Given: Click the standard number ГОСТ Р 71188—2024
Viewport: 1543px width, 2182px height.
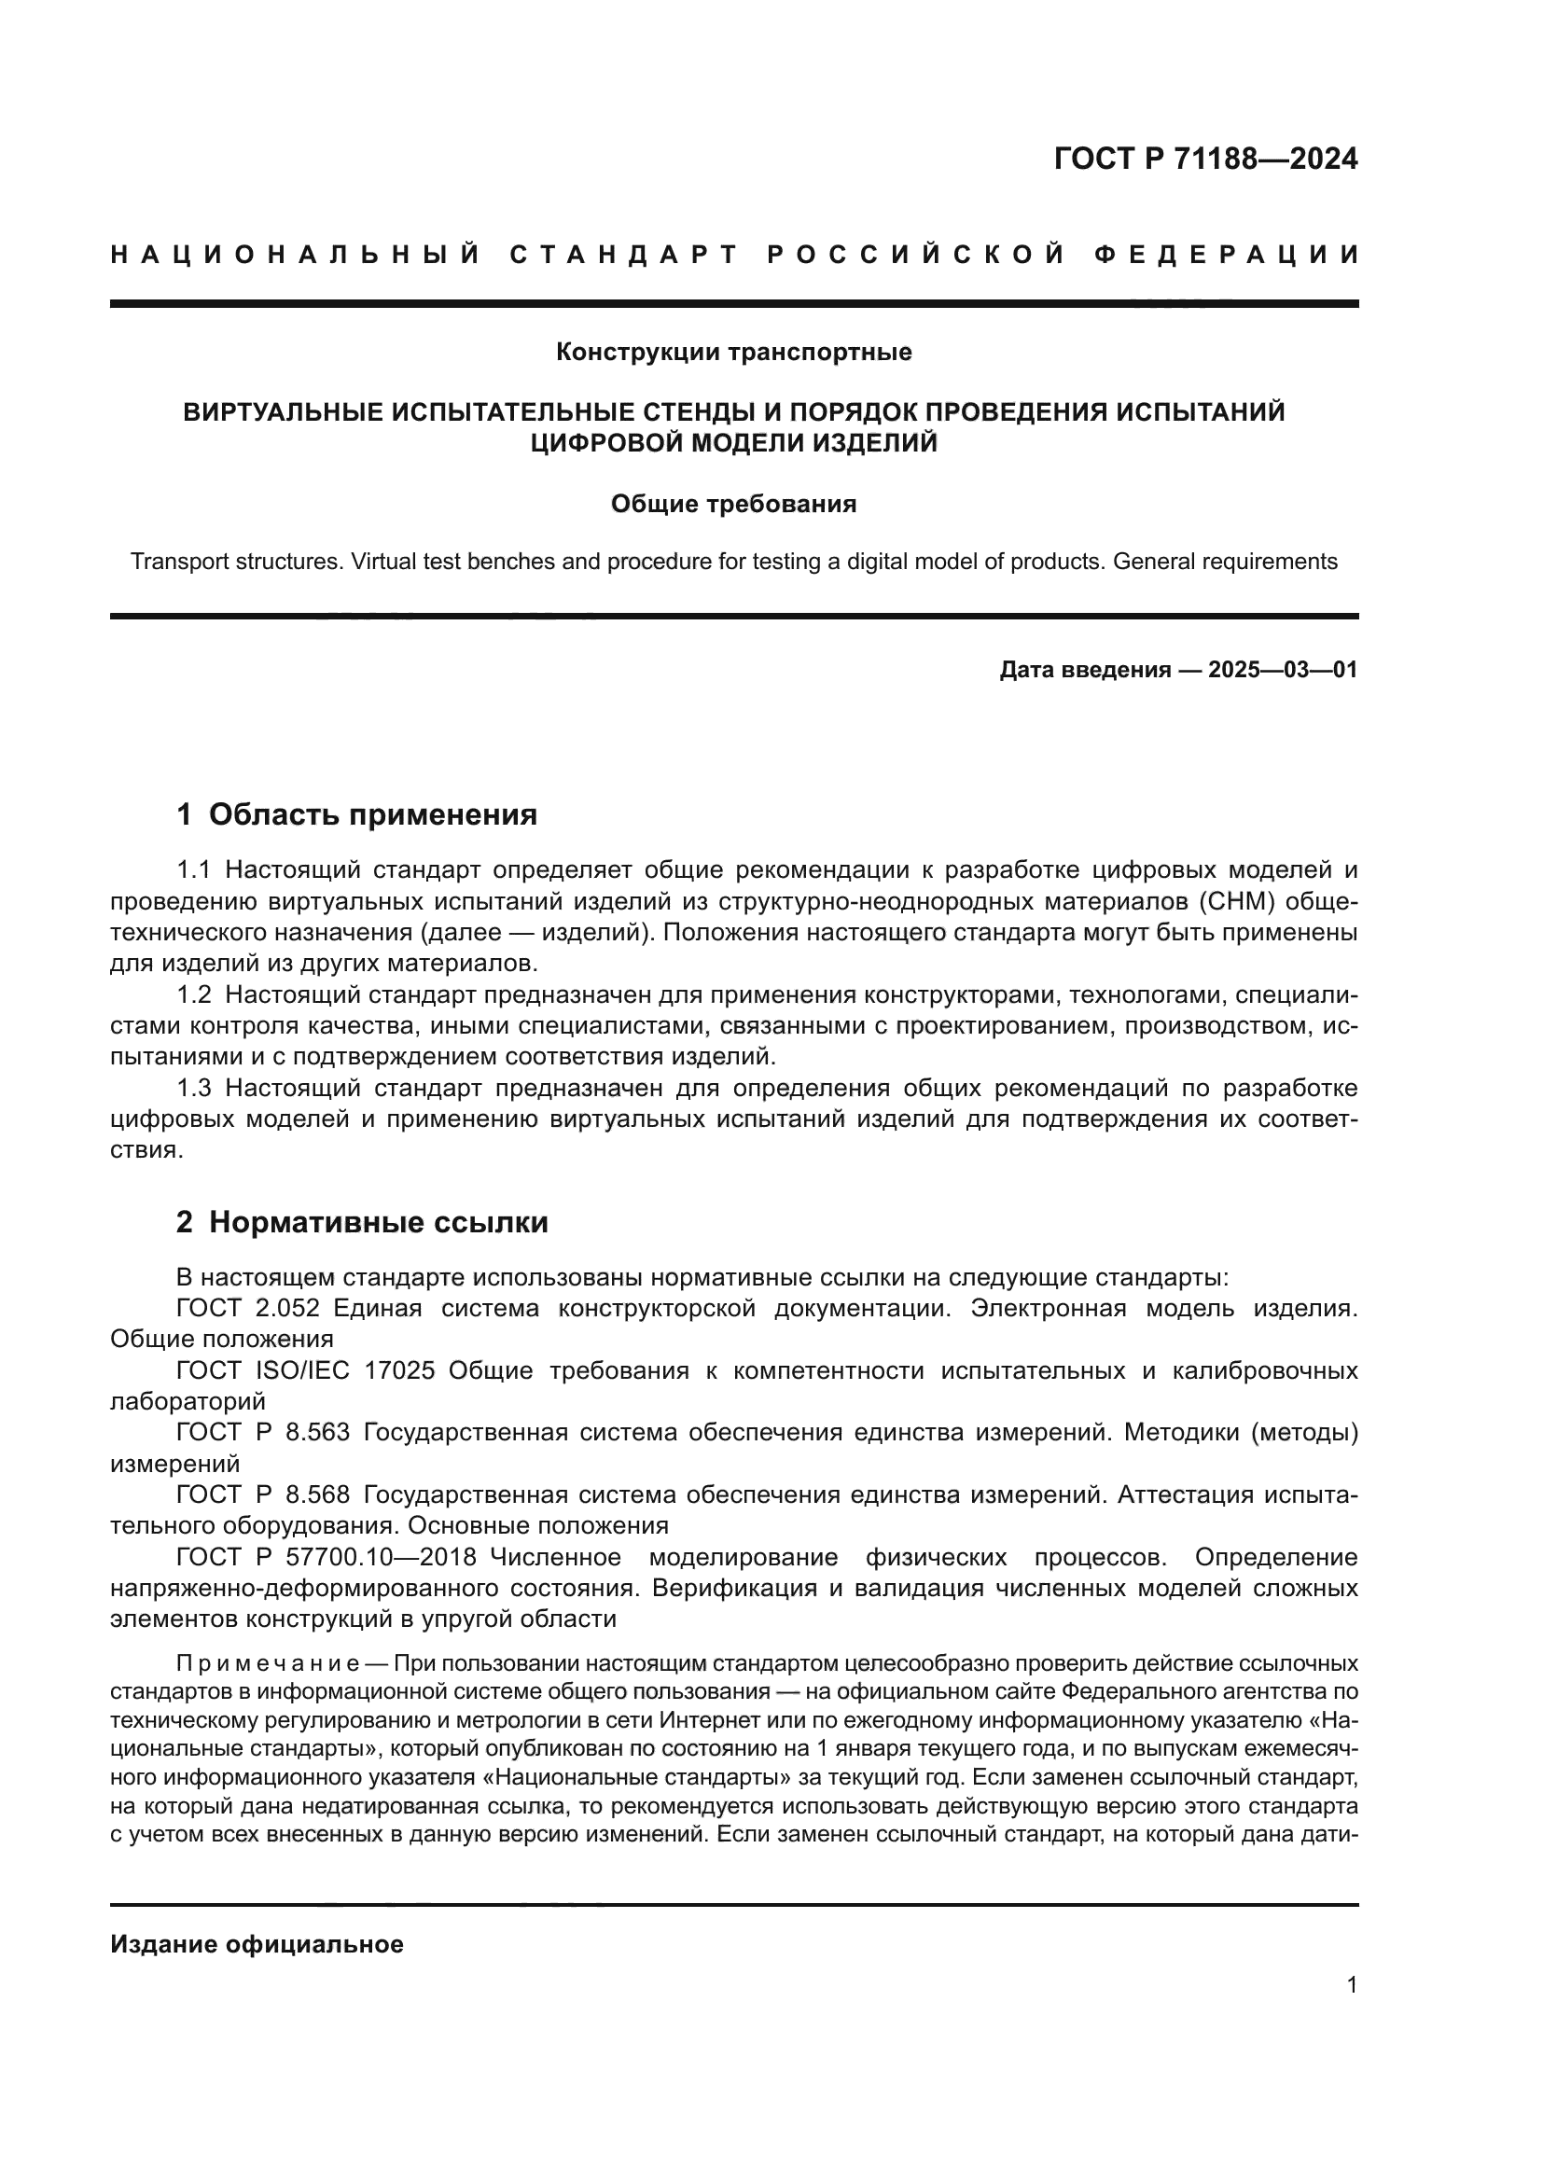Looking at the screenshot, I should pyautogui.click(x=1204, y=159).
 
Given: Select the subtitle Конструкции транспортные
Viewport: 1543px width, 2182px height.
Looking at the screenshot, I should pyautogui.click(x=733, y=353).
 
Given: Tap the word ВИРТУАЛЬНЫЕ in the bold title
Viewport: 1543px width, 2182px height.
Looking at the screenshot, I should pyautogui.click(x=284, y=412).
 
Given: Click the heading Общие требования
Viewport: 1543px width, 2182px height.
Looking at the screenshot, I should pyautogui.click(x=733, y=504).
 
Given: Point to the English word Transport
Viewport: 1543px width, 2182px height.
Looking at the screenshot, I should pyautogui.click(x=175, y=562).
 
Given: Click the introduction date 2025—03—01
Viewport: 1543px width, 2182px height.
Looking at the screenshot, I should pyautogui.click(x=1282, y=670).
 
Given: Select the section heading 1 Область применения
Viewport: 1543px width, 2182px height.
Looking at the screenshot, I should pyautogui.click(x=357, y=814).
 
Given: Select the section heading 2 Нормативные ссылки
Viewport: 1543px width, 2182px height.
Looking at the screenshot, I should pyautogui.click(x=362, y=1222).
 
